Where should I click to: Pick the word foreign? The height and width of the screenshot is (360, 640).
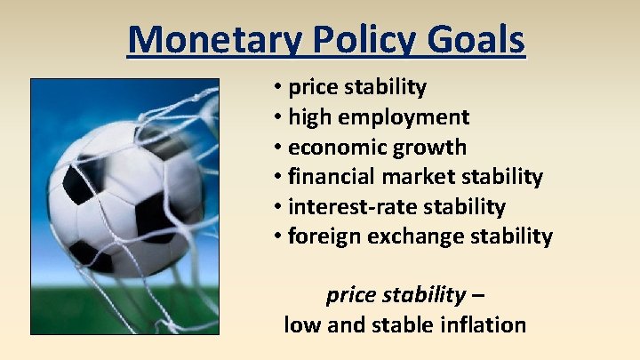(322, 236)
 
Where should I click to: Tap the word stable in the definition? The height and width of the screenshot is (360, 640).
(399, 324)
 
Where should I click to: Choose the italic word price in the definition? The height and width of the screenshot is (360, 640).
(350, 294)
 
